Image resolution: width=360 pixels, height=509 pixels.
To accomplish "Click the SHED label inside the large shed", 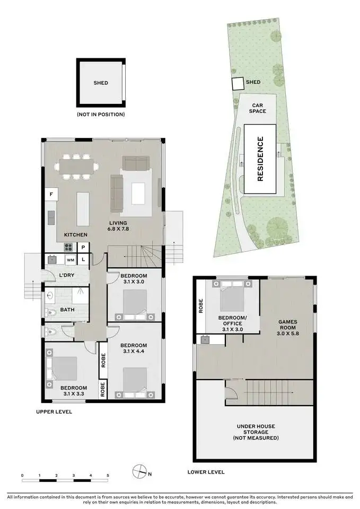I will tap(101, 83).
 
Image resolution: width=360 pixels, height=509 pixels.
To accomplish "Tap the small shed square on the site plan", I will tap(237, 83).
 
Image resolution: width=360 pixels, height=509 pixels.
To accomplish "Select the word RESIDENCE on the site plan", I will tap(260, 159).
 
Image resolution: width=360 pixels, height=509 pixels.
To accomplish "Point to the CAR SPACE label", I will tap(258, 108).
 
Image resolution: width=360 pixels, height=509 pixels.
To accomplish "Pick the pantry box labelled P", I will tap(83, 247).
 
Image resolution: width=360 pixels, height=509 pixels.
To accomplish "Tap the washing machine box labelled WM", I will tap(70, 260).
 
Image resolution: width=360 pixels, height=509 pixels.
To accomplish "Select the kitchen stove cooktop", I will tap(69, 247).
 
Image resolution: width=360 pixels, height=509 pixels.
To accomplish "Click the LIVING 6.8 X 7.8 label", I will tap(118, 226).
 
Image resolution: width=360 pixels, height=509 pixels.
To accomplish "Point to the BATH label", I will tap(67, 309).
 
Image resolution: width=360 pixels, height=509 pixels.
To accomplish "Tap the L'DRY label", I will tap(66, 276).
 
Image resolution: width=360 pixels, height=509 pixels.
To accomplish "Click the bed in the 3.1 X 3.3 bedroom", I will tap(64, 369).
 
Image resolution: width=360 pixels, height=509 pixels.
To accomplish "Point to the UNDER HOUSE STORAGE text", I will tap(256, 432).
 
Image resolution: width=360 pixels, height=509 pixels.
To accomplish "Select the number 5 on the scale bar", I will tap(108, 475).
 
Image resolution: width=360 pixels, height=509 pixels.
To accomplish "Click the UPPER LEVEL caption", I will tap(54, 412).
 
